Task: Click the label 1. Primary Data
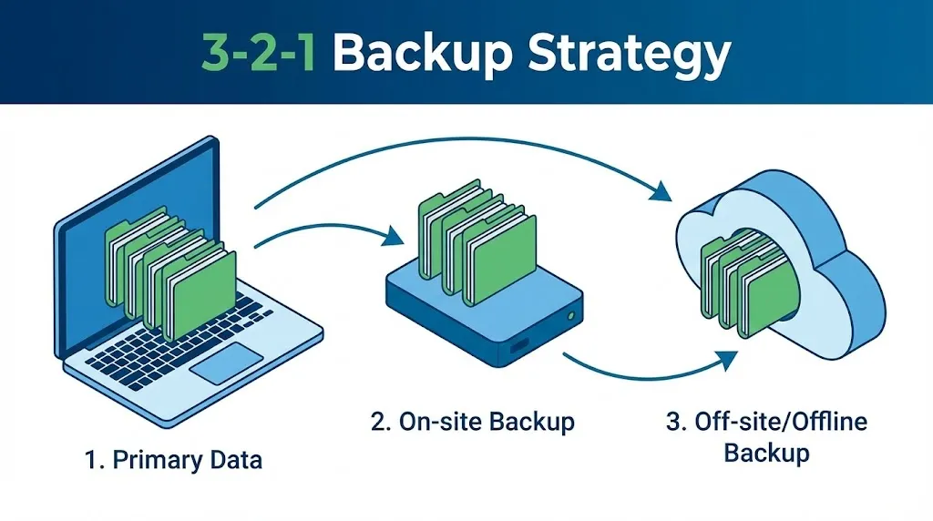coord(173,460)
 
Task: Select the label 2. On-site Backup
coord(472,422)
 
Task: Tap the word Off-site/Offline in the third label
coord(767,422)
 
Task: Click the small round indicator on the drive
coord(569,316)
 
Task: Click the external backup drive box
coord(483,314)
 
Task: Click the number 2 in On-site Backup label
coord(377,422)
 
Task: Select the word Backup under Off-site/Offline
coord(766,452)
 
